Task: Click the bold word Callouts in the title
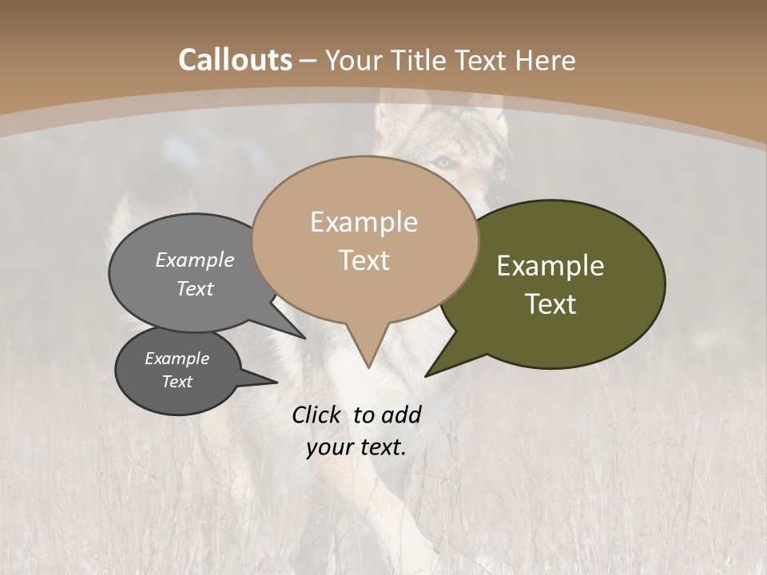coord(235,60)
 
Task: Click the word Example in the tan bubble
coord(364,222)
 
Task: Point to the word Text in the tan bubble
coord(364,260)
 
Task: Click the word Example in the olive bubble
coord(550,266)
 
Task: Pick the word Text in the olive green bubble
coord(550,304)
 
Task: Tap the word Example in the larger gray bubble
coord(195,260)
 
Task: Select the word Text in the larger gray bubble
coord(195,288)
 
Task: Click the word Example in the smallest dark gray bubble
coord(177,359)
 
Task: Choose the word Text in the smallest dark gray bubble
coord(177,382)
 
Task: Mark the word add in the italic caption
coord(401,414)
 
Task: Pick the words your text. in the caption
coord(356,447)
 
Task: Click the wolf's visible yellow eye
coord(442,161)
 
